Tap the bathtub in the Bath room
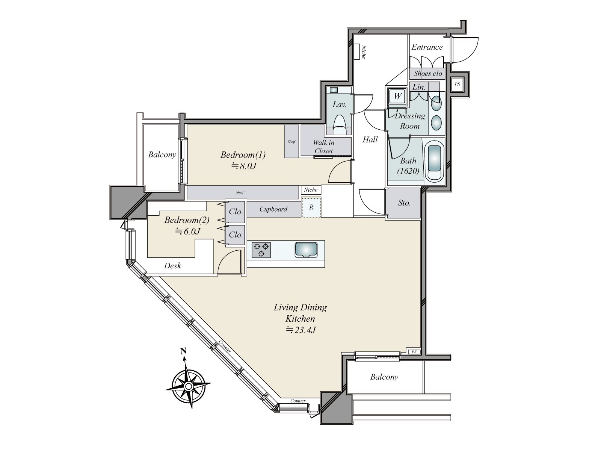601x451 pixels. point(435,162)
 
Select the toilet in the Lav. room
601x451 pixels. point(340,125)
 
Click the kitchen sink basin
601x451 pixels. point(306,250)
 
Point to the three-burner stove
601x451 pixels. point(261,250)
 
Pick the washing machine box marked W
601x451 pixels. point(397,96)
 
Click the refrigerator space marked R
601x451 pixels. point(311,207)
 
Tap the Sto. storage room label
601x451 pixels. point(404,203)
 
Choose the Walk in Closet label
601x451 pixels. point(324,147)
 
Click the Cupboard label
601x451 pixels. point(273,209)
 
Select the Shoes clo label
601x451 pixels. point(427,73)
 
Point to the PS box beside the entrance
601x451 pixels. point(457,84)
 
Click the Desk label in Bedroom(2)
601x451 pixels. point(172,266)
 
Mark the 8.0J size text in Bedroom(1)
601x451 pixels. point(243,166)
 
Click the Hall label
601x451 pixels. point(370,140)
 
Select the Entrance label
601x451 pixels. point(427,47)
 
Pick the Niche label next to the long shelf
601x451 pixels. point(311,190)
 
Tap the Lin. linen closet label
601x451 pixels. point(419,87)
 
